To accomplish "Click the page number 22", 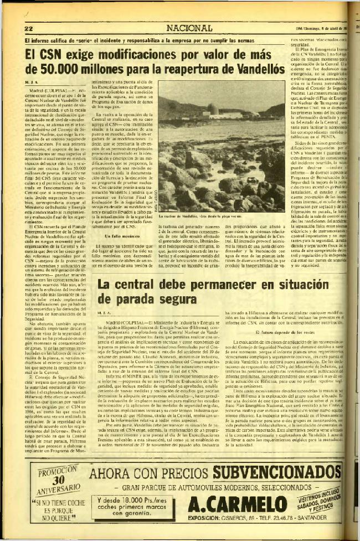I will [30, 27].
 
